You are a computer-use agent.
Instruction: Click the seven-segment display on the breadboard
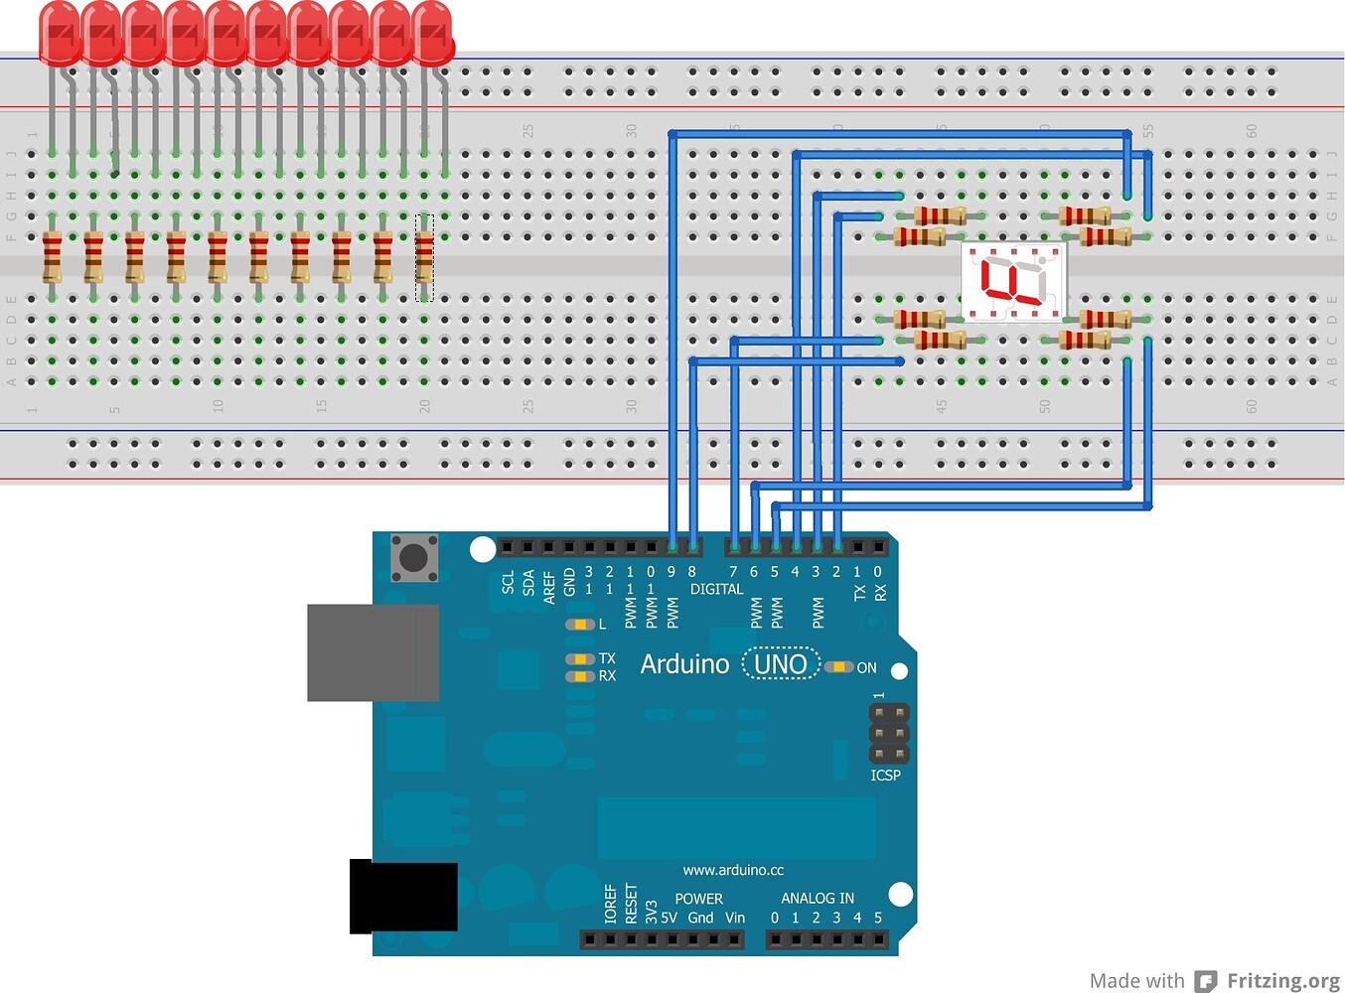click(1013, 281)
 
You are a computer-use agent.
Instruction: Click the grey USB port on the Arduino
click(373, 652)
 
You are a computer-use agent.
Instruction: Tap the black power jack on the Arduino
click(403, 898)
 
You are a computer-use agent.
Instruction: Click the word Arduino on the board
click(684, 664)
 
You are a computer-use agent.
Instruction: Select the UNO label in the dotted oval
click(781, 663)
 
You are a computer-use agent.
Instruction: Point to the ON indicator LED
click(839, 667)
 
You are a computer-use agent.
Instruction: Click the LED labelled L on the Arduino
click(577, 625)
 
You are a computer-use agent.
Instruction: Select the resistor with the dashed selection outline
click(424, 257)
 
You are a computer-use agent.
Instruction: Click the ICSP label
click(885, 775)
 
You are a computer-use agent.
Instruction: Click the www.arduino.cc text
click(733, 870)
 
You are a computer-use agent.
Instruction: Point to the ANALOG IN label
click(817, 898)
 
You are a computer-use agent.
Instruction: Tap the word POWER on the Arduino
click(698, 898)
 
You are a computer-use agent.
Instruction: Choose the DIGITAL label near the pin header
click(716, 589)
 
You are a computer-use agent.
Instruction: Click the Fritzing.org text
click(1282, 980)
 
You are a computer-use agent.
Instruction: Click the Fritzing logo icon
click(1205, 981)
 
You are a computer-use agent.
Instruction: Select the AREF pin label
click(549, 586)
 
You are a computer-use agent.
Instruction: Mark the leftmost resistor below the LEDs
click(52, 257)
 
